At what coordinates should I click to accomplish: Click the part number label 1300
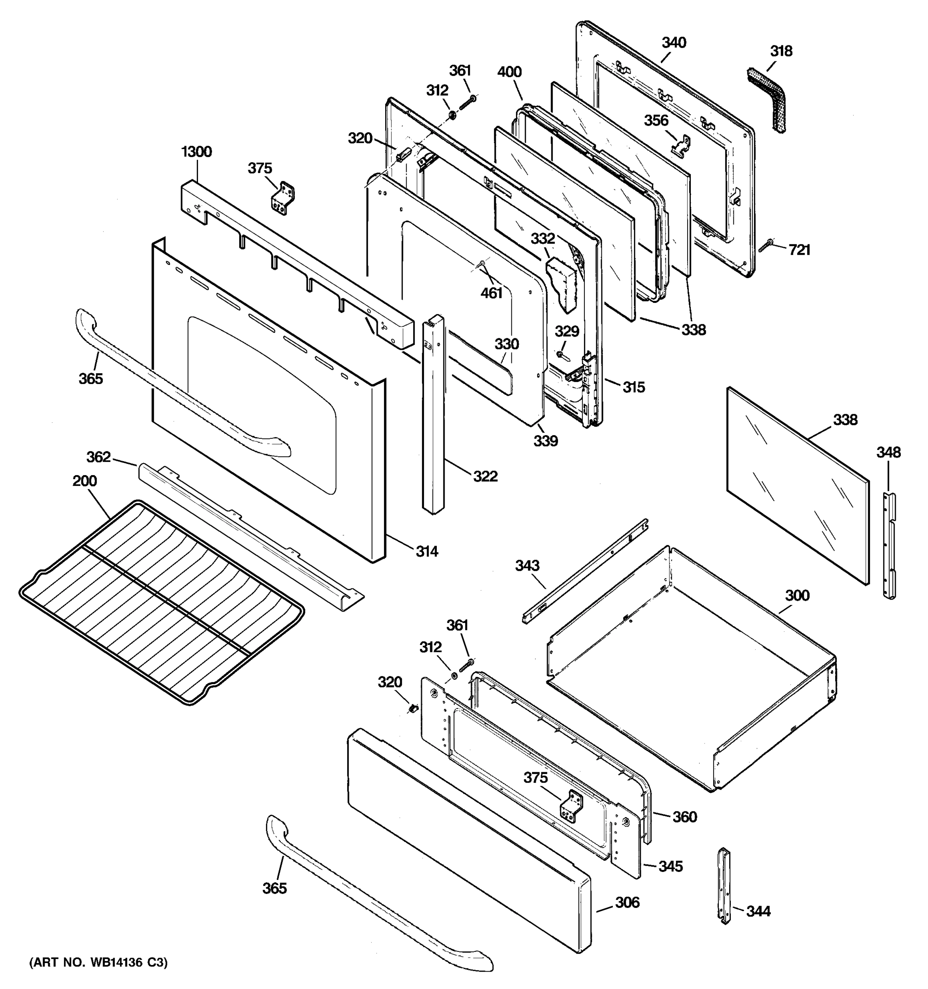coord(196,152)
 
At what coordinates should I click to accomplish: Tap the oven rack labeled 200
coord(159,602)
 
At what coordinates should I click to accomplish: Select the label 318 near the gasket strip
coord(781,51)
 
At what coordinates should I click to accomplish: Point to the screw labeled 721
coord(766,244)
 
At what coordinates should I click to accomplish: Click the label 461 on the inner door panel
coord(491,293)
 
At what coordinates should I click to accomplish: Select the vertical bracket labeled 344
coord(724,886)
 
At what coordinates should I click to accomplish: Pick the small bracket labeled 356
coord(682,144)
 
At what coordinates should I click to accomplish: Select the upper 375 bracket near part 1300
coord(282,197)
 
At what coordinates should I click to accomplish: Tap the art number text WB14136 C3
coord(98,962)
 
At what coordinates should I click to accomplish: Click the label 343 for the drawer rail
coord(527,566)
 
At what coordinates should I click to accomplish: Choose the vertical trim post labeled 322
coord(433,413)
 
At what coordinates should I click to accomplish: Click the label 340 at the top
coord(674,43)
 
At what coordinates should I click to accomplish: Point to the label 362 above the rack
coord(99,457)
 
